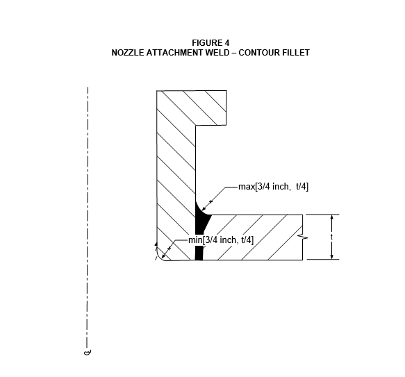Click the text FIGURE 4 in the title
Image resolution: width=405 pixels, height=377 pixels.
(210, 42)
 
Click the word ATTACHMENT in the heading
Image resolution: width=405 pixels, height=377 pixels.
(174, 53)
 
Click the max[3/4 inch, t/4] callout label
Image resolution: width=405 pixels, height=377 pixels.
(273, 187)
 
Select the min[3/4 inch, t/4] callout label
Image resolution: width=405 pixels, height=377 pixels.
(221, 240)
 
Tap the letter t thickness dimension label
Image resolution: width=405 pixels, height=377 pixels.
(332, 237)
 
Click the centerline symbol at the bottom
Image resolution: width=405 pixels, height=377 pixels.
(88, 352)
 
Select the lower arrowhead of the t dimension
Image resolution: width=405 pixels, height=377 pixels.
(332, 256)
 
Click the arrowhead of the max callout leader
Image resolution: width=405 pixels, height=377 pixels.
(204, 208)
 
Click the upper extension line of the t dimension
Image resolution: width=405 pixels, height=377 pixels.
(322, 215)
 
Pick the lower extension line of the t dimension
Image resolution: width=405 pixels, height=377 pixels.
(323, 259)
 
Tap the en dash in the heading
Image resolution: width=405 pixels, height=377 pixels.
(234, 53)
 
